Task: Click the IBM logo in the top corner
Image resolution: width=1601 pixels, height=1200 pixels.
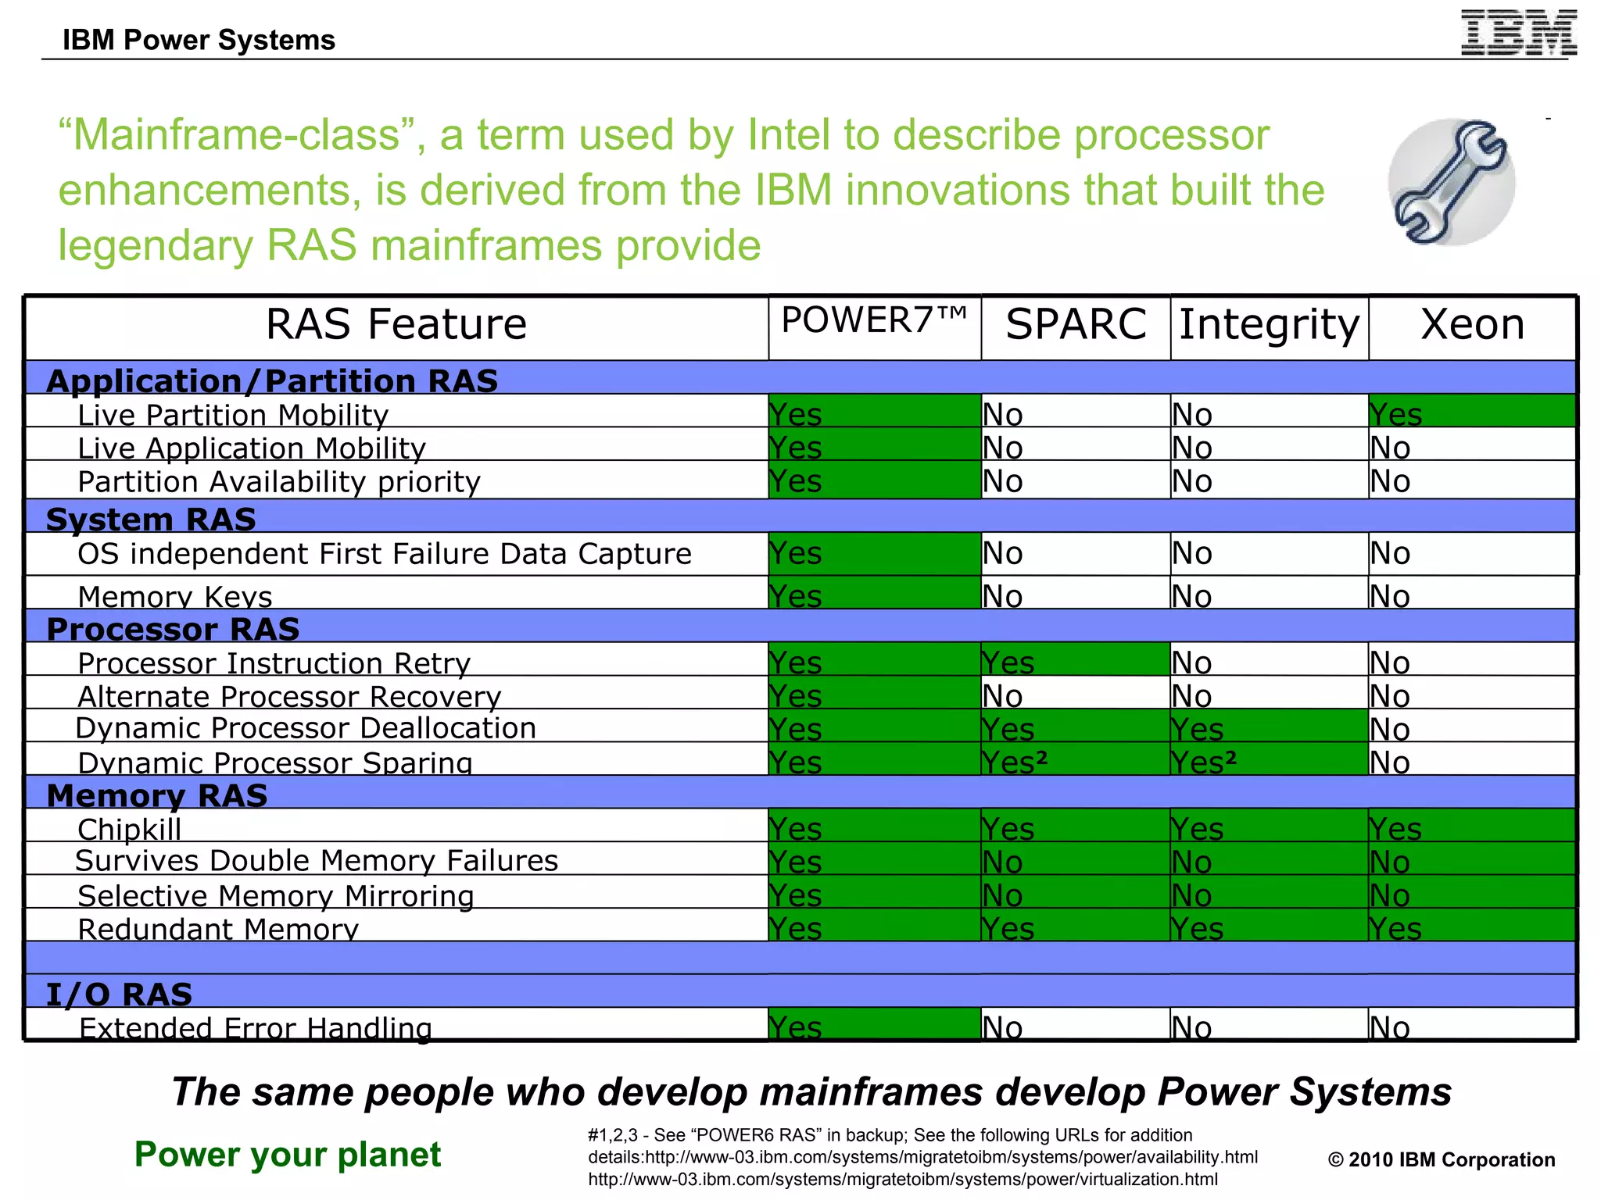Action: click(x=1518, y=33)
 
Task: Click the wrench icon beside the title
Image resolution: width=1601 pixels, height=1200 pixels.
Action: click(x=1451, y=182)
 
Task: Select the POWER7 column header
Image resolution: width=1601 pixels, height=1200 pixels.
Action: click(x=874, y=321)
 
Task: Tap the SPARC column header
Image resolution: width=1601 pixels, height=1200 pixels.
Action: click(x=1076, y=324)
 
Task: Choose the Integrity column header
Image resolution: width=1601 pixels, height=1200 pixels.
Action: click(x=1269, y=324)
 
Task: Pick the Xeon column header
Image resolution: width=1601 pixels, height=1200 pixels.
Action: click(x=1472, y=324)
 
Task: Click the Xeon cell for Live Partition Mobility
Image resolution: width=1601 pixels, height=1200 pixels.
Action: click(x=1471, y=412)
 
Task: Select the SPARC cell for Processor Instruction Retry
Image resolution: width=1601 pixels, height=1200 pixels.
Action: click(x=1075, y=661)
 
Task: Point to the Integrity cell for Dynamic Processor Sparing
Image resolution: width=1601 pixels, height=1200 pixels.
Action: click(x=1268, y=760)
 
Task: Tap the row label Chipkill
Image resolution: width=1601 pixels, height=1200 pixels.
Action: click(x=130, y=828)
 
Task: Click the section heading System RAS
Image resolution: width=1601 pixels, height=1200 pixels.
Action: click(x=151, y=519)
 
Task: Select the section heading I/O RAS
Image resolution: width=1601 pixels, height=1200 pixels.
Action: click(x=119, y=994)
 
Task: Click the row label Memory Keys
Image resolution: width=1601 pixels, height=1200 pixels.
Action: click(x=175, y=596)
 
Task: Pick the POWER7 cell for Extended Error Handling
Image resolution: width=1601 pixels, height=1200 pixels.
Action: click(x=874, y=1025)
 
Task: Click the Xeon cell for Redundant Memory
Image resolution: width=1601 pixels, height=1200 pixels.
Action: click(x=1471, y=927)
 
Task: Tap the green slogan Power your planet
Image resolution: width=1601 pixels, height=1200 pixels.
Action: click(x=288, y=1154)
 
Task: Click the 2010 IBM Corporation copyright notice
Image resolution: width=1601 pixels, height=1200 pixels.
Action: click(x=1441, y=1159)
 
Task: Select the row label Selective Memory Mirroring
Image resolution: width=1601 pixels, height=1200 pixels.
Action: click(x=276, y=895)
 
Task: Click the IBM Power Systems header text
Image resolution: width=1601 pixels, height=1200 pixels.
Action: click(x=199, y=40)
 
